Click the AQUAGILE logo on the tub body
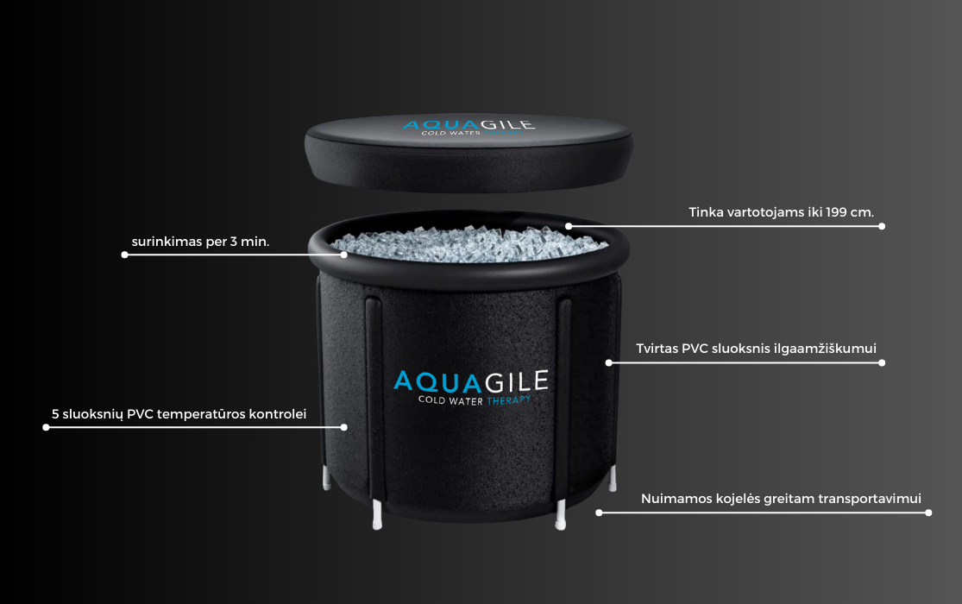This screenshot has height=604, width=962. (x=470, y=381)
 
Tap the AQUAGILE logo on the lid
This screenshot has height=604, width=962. (x=468, y=124)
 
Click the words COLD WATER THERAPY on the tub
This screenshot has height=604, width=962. (x=475, y=400)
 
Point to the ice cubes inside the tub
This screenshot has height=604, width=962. (x=469, y=243)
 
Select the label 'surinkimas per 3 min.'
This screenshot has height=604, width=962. (x=201, y=242)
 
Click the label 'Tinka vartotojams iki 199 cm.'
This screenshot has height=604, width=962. (x=781, y=212)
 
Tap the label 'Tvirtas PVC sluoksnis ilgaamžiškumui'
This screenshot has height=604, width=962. (x=756, y=349)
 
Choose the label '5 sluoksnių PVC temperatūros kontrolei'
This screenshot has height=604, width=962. (x=179, y=414)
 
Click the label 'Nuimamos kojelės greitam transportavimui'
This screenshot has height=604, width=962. (x=781, y=499)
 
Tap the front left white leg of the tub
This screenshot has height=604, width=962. (x=377, y=514)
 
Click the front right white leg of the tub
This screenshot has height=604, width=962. (x=560, y=514)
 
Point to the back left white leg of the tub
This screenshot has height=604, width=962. (x=326, y=477)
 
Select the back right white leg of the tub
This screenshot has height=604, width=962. (x=613, y=478)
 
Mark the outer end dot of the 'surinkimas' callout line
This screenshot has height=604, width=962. (x=124, y=255)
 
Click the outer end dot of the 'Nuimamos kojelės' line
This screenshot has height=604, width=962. (x=928, y=513)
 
